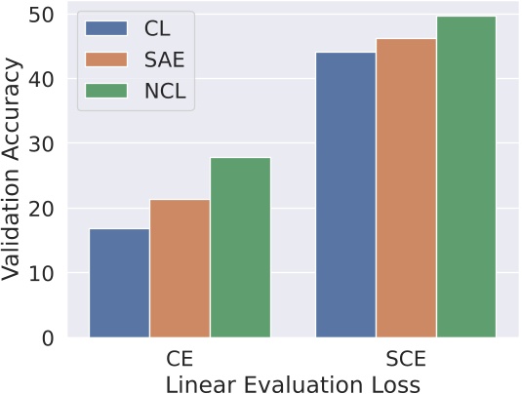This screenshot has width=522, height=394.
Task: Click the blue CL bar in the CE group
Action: coord(119,283)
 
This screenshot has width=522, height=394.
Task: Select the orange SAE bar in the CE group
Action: coord(180,268)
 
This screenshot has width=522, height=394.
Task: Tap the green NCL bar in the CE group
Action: coord(240,248)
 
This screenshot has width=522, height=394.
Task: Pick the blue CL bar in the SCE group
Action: coord(345,195)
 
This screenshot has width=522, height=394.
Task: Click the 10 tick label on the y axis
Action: coord(43,274)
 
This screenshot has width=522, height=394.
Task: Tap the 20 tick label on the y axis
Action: coord(43,209)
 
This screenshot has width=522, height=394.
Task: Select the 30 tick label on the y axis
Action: coord(43,144)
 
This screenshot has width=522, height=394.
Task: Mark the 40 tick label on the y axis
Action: coord(43,79)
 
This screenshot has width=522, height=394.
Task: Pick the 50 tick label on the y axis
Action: coord(43,15)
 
